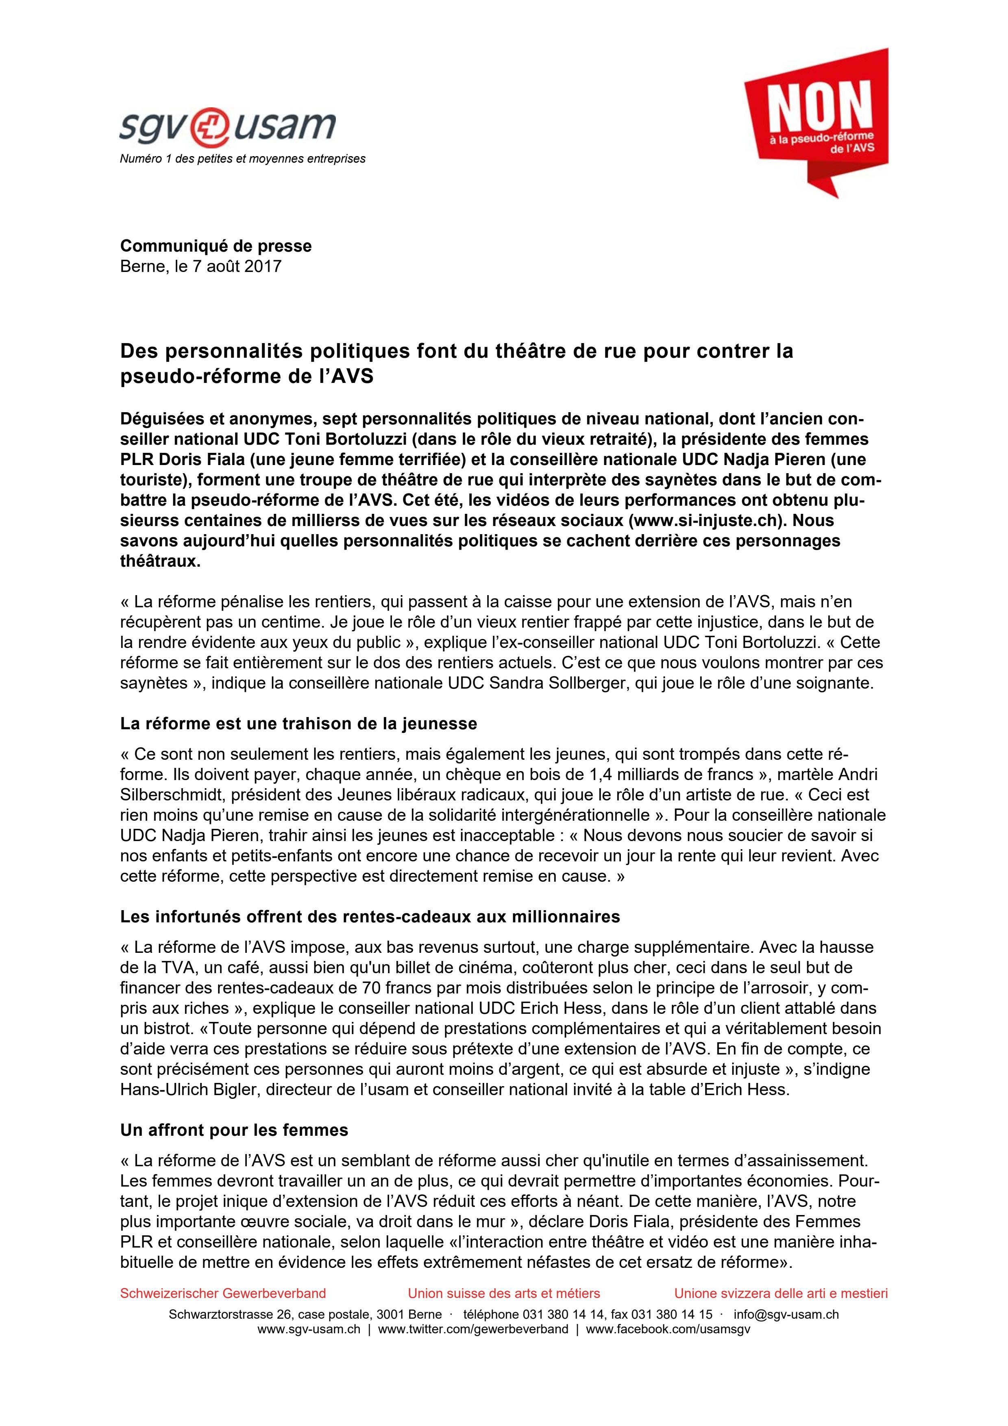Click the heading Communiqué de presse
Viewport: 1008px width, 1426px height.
coord(216,246)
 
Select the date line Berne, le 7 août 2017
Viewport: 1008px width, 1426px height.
coord(200,266)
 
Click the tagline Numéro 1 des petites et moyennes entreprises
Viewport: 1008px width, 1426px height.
coord(242,159)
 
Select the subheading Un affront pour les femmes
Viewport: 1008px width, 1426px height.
coord(234,1130)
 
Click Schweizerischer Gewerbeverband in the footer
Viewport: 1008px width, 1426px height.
coord(223,1293)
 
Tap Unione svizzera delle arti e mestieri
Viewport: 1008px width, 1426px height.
coord(781,1293)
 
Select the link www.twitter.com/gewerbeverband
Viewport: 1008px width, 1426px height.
coord(472,1329)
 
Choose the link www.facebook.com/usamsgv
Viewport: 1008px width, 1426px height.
coord(668,1329)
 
